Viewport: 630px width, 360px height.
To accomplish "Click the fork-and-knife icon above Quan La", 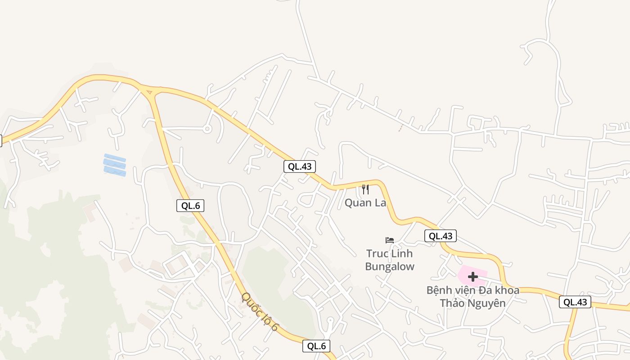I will point(365,189).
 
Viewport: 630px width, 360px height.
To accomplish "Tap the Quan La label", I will point(365,203).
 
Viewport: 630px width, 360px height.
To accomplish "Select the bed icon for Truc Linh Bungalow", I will point(390,240).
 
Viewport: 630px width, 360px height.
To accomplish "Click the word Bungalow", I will point(390,266).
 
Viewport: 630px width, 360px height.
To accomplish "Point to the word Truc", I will point(377,254).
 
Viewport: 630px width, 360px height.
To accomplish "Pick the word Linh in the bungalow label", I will point(401,254).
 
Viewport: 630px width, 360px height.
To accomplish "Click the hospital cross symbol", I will point(473,277).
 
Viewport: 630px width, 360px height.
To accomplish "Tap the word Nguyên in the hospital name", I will point(486,303).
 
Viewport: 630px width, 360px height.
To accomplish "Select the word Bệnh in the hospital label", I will point(440,290).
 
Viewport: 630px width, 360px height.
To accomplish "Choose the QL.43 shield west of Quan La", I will point(300,166).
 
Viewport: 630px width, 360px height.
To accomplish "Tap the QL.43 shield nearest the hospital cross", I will point(441,236).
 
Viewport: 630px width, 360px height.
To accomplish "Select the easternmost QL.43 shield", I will point(575,302).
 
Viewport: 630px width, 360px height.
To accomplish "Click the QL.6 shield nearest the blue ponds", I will point(190,206).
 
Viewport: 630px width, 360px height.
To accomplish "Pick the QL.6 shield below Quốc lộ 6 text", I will point(316,346).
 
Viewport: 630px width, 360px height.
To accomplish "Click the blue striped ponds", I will point(115,165).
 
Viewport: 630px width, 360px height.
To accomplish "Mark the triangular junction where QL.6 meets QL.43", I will point(149,91).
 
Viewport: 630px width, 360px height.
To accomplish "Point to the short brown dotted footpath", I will point(400,128).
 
